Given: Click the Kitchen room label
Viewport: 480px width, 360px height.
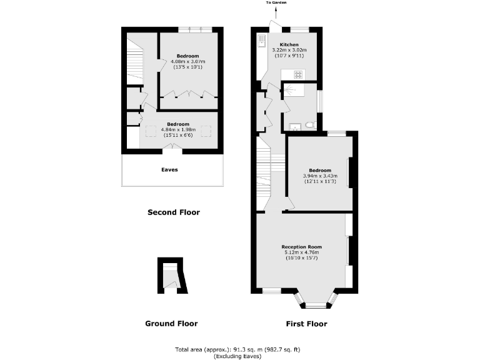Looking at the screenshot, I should tap(289, 44).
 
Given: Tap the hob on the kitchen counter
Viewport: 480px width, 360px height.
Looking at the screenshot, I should tap(299, 75).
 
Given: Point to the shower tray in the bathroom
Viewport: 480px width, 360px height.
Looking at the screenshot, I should tap(292, 92).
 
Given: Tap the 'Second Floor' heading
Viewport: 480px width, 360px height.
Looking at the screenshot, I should tap(173, 212).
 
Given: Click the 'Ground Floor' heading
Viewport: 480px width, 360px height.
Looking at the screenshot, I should tap(171, 324).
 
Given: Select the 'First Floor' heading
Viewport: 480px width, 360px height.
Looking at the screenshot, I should tap(306, 324).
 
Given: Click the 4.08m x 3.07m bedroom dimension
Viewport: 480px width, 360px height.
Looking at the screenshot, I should tap(188, 61).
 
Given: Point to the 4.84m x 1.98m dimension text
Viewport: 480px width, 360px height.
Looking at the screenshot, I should tap(179, 129).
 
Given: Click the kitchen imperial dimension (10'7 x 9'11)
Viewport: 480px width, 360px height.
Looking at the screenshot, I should tap(289, 56).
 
